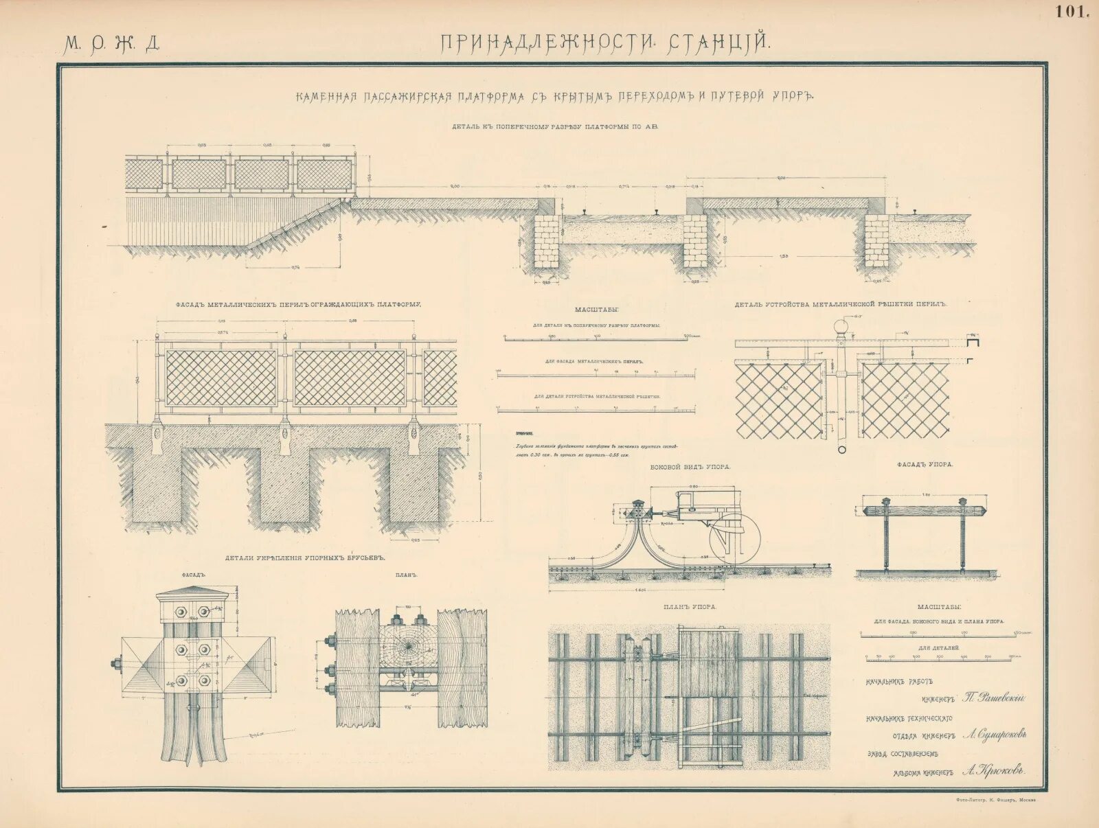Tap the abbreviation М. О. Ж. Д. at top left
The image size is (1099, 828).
(112, 44)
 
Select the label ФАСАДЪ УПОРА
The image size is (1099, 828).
(924, 465)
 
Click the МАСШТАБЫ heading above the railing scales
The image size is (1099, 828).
(596, 310)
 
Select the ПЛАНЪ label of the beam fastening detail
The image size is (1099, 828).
(407, 575)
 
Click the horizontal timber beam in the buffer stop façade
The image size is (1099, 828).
(923, 510)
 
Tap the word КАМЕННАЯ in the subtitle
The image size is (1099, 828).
(326, 97)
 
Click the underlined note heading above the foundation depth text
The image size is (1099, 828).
(526, 434)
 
